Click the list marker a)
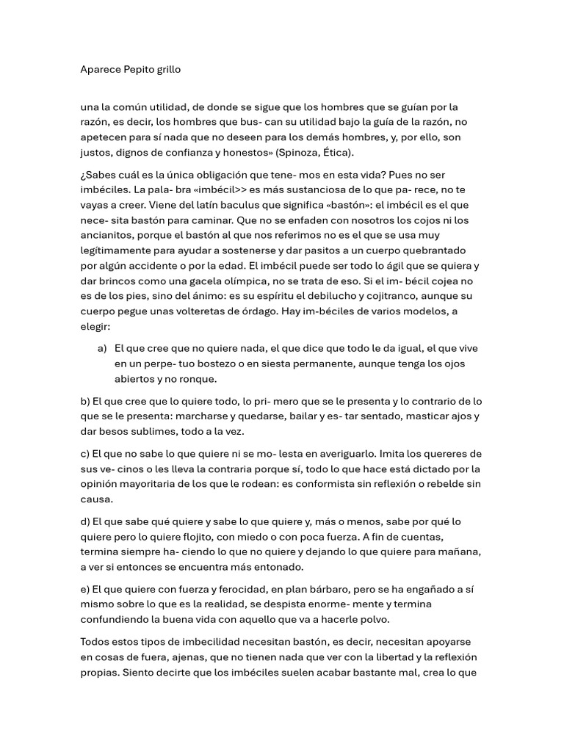tap(102, 348)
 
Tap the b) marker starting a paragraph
tap(85, 401)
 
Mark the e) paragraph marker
tap(85, 589)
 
